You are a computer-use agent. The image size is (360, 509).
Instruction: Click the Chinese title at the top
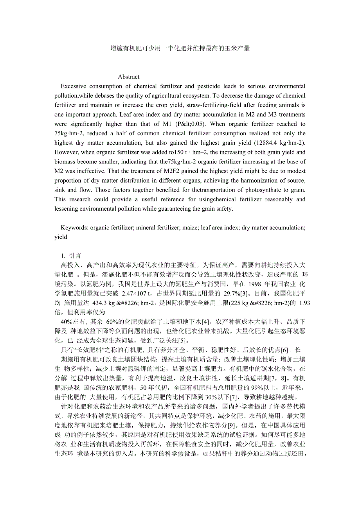point(180,48)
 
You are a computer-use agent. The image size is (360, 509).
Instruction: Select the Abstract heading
point(129,77)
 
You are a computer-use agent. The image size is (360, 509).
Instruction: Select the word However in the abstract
point(66,152)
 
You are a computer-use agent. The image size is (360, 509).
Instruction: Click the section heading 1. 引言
point(71,256)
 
